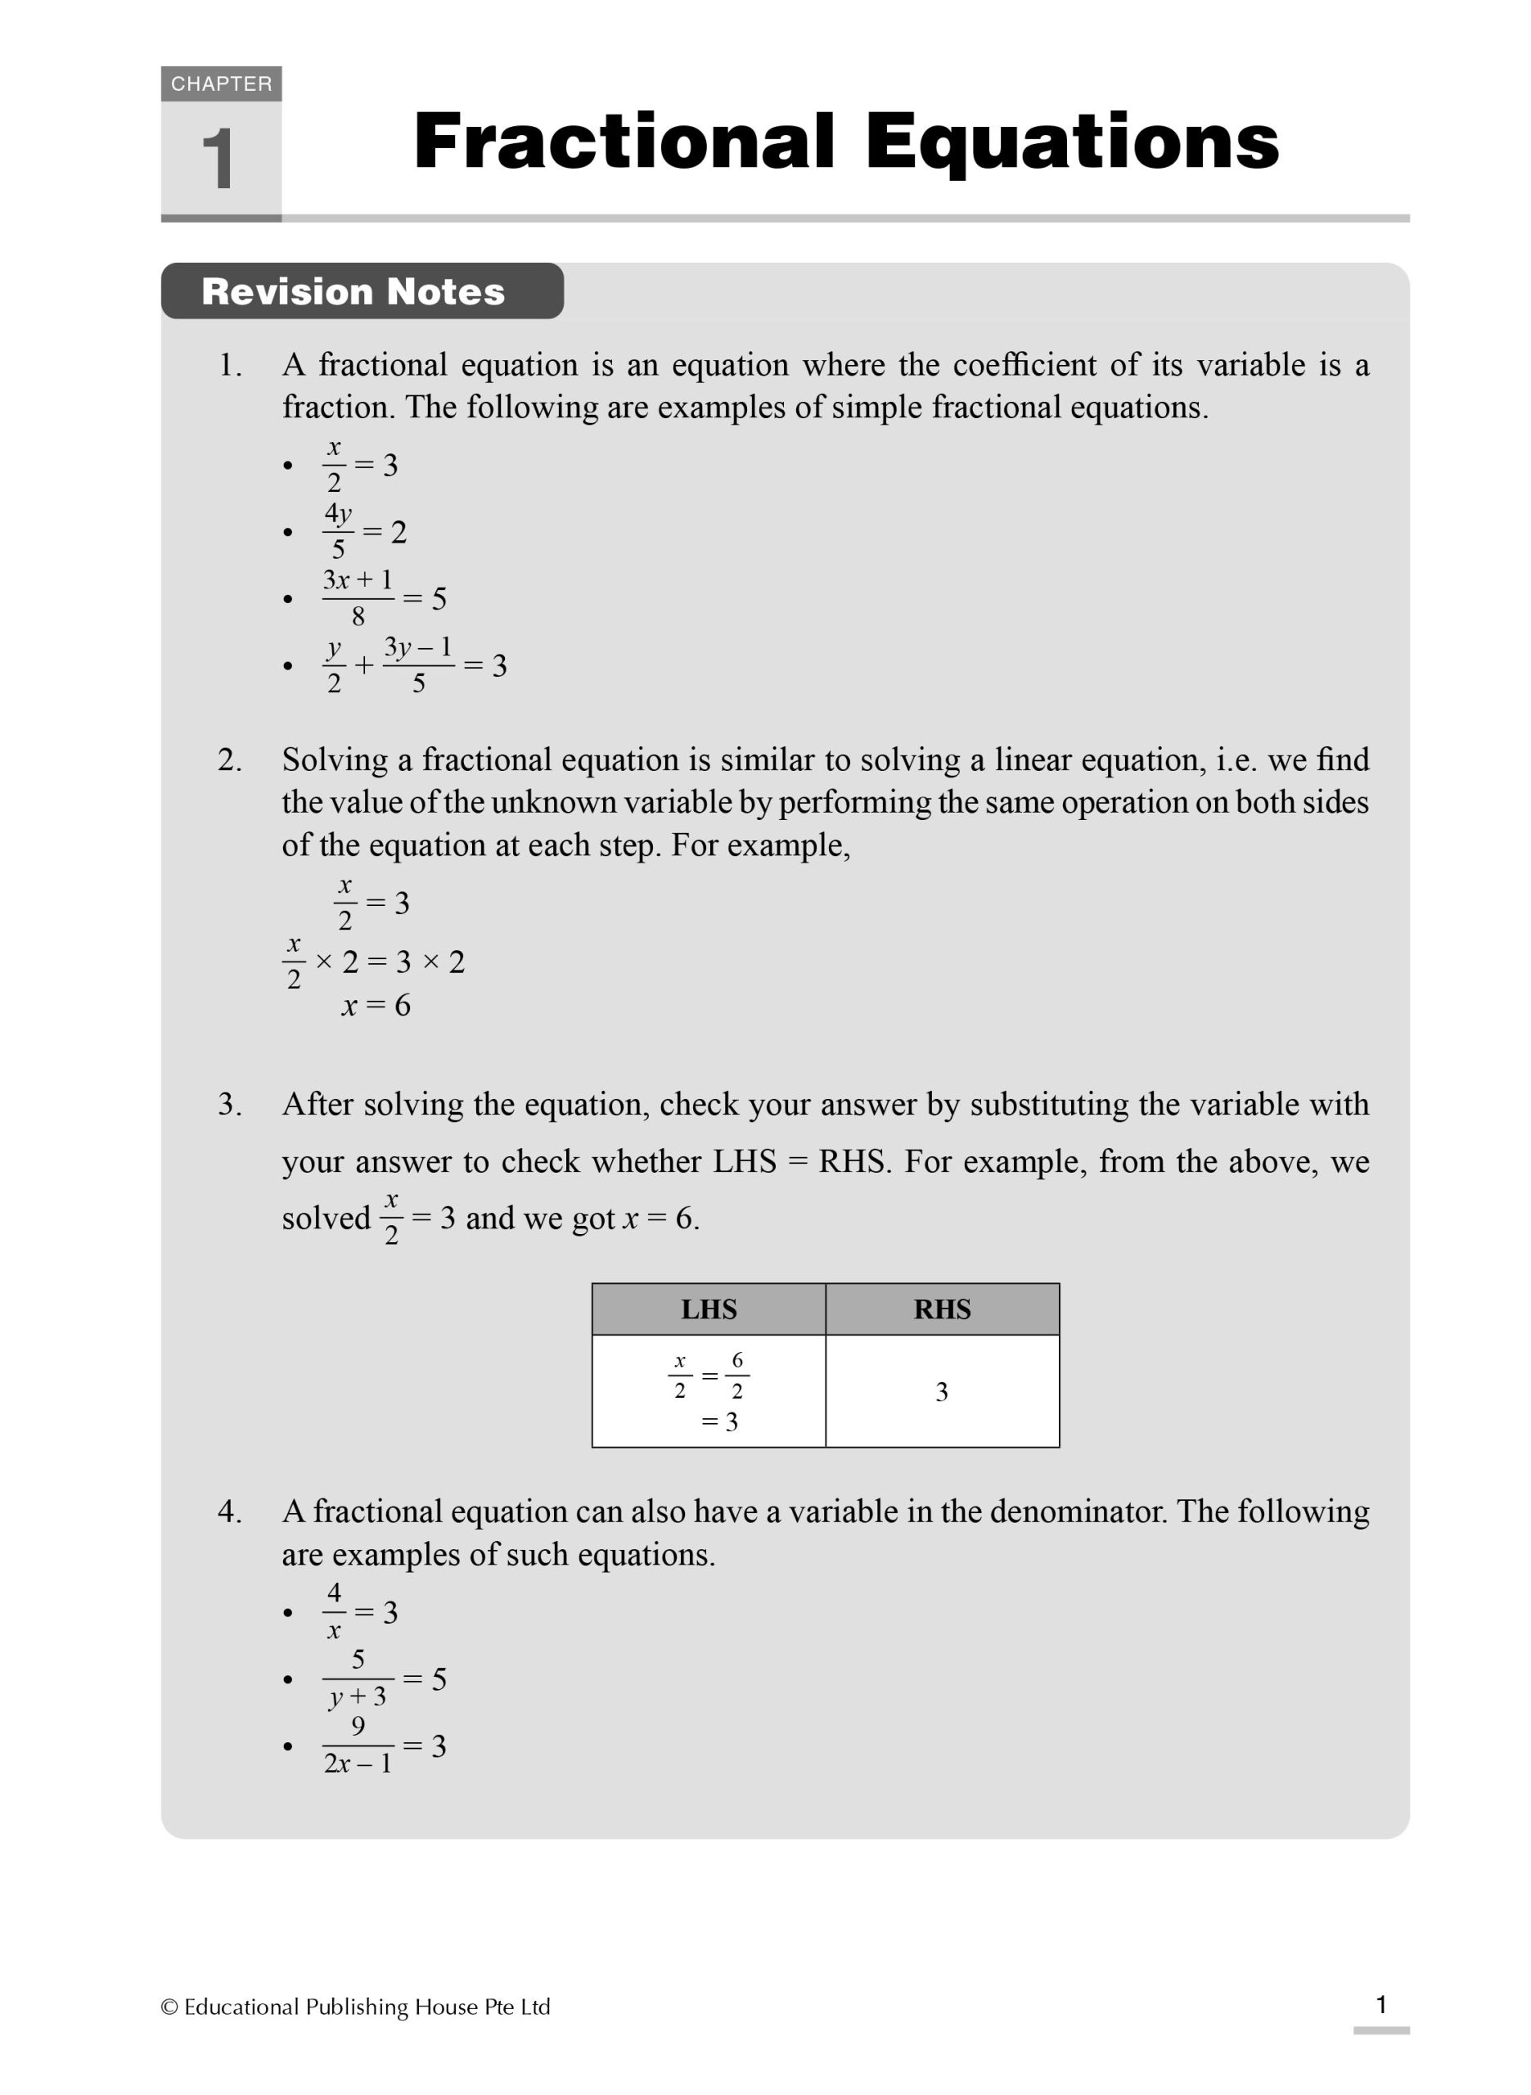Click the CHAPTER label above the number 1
click(x=221, y=84)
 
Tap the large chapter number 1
click(x=218, y=160)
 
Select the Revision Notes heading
click(x=353, y=292)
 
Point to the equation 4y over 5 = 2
click(x=365, y=532)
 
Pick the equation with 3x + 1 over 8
click(x=384, y=598)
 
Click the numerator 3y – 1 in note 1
click(x=418, y=647)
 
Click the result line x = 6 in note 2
click(x=376, y=1005)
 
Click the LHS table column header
click(x=709, y=1309)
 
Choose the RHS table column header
click(x=942, y=1309)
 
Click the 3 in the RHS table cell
click(x=942, y=1392)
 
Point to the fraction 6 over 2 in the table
click(x=736, y=1375)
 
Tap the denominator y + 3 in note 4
click(x=358, y=1696)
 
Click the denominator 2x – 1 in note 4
click(x=358, y=1764)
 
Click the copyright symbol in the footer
click(x=169, y=2007)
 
